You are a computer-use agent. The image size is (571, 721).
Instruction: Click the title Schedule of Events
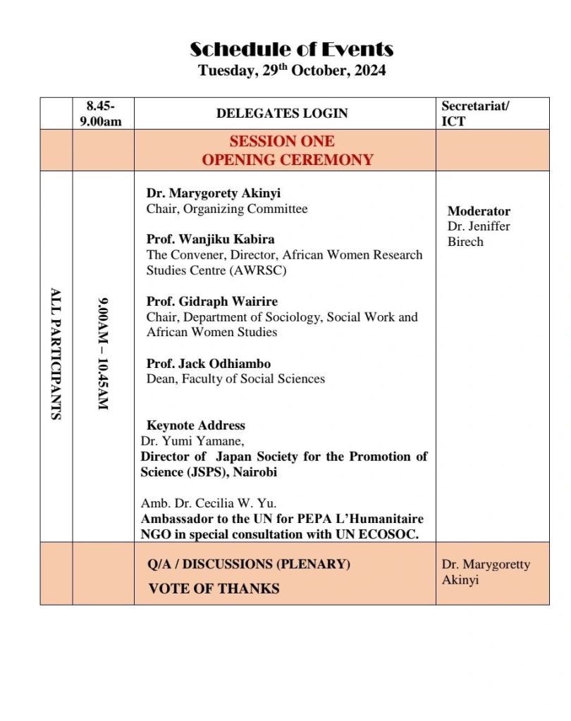(x=291, y=49)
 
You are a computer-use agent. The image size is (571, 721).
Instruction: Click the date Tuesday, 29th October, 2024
(x=291, y=70)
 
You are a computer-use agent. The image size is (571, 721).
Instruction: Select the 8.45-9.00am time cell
(x=104, y=113)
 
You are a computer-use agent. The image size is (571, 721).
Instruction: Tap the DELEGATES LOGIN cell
(x=282, y=113)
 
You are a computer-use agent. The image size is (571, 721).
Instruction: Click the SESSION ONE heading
(x=282, y=141)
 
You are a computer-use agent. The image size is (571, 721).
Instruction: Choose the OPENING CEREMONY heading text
(x=288, y=160)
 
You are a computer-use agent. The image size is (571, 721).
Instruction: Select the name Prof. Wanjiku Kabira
(x=210, y=239)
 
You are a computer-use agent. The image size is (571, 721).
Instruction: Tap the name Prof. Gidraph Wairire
(x=212, y=302)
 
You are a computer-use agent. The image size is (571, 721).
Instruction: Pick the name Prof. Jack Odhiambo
(x=208, y=364)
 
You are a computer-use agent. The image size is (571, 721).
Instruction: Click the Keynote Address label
(x=195, y=426)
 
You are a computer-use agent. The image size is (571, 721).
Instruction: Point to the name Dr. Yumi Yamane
(x=192, y=441)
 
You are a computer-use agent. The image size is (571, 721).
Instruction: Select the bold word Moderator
(x=479, y=211)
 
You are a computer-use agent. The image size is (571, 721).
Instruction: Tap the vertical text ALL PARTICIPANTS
(x=56, y=353)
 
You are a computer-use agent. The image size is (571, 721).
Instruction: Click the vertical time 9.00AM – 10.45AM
(x=103, y=355)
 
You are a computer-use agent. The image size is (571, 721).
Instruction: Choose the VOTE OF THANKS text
(x=214, y=588)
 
